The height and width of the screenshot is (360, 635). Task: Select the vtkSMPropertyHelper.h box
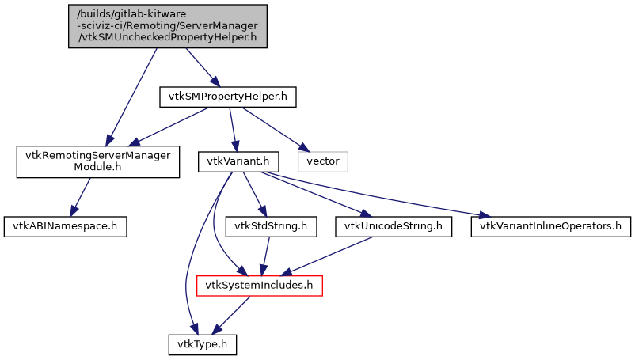tap(228, 97)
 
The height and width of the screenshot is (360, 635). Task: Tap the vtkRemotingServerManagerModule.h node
tap(94, 161)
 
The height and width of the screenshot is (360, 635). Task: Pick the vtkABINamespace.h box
tap(65, 225)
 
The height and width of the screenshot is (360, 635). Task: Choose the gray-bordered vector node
tap(323, 161)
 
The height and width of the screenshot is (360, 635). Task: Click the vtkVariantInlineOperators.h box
tap(551, 225)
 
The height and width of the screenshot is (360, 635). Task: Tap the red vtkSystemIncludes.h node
tap(259, 284)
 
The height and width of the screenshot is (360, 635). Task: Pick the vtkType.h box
tap(202, 344)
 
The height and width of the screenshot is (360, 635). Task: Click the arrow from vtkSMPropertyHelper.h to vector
tap(273, 129)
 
